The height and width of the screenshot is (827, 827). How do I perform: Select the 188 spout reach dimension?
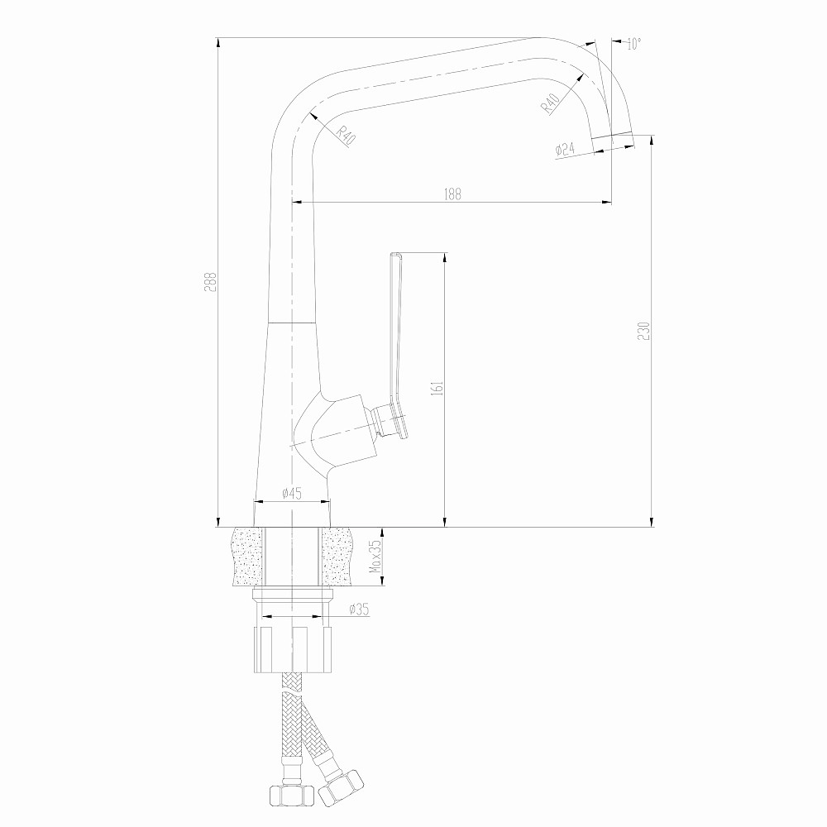click(452, 194)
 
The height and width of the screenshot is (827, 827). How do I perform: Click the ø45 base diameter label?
click(291, 493)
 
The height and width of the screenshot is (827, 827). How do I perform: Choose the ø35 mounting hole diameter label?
click(358, 609)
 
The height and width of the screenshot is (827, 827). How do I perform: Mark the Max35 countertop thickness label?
click(375, 557)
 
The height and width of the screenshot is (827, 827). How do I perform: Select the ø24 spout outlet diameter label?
click(565, 150)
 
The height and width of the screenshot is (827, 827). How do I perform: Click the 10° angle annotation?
click(633, 45)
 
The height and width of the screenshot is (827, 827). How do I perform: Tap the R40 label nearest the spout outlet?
click(551, 103)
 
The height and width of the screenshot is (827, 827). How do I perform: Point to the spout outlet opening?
click(610, 135)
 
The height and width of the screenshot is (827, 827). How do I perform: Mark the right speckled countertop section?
click(342, 556)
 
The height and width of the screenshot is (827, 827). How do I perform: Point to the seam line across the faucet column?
click(293, 321)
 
